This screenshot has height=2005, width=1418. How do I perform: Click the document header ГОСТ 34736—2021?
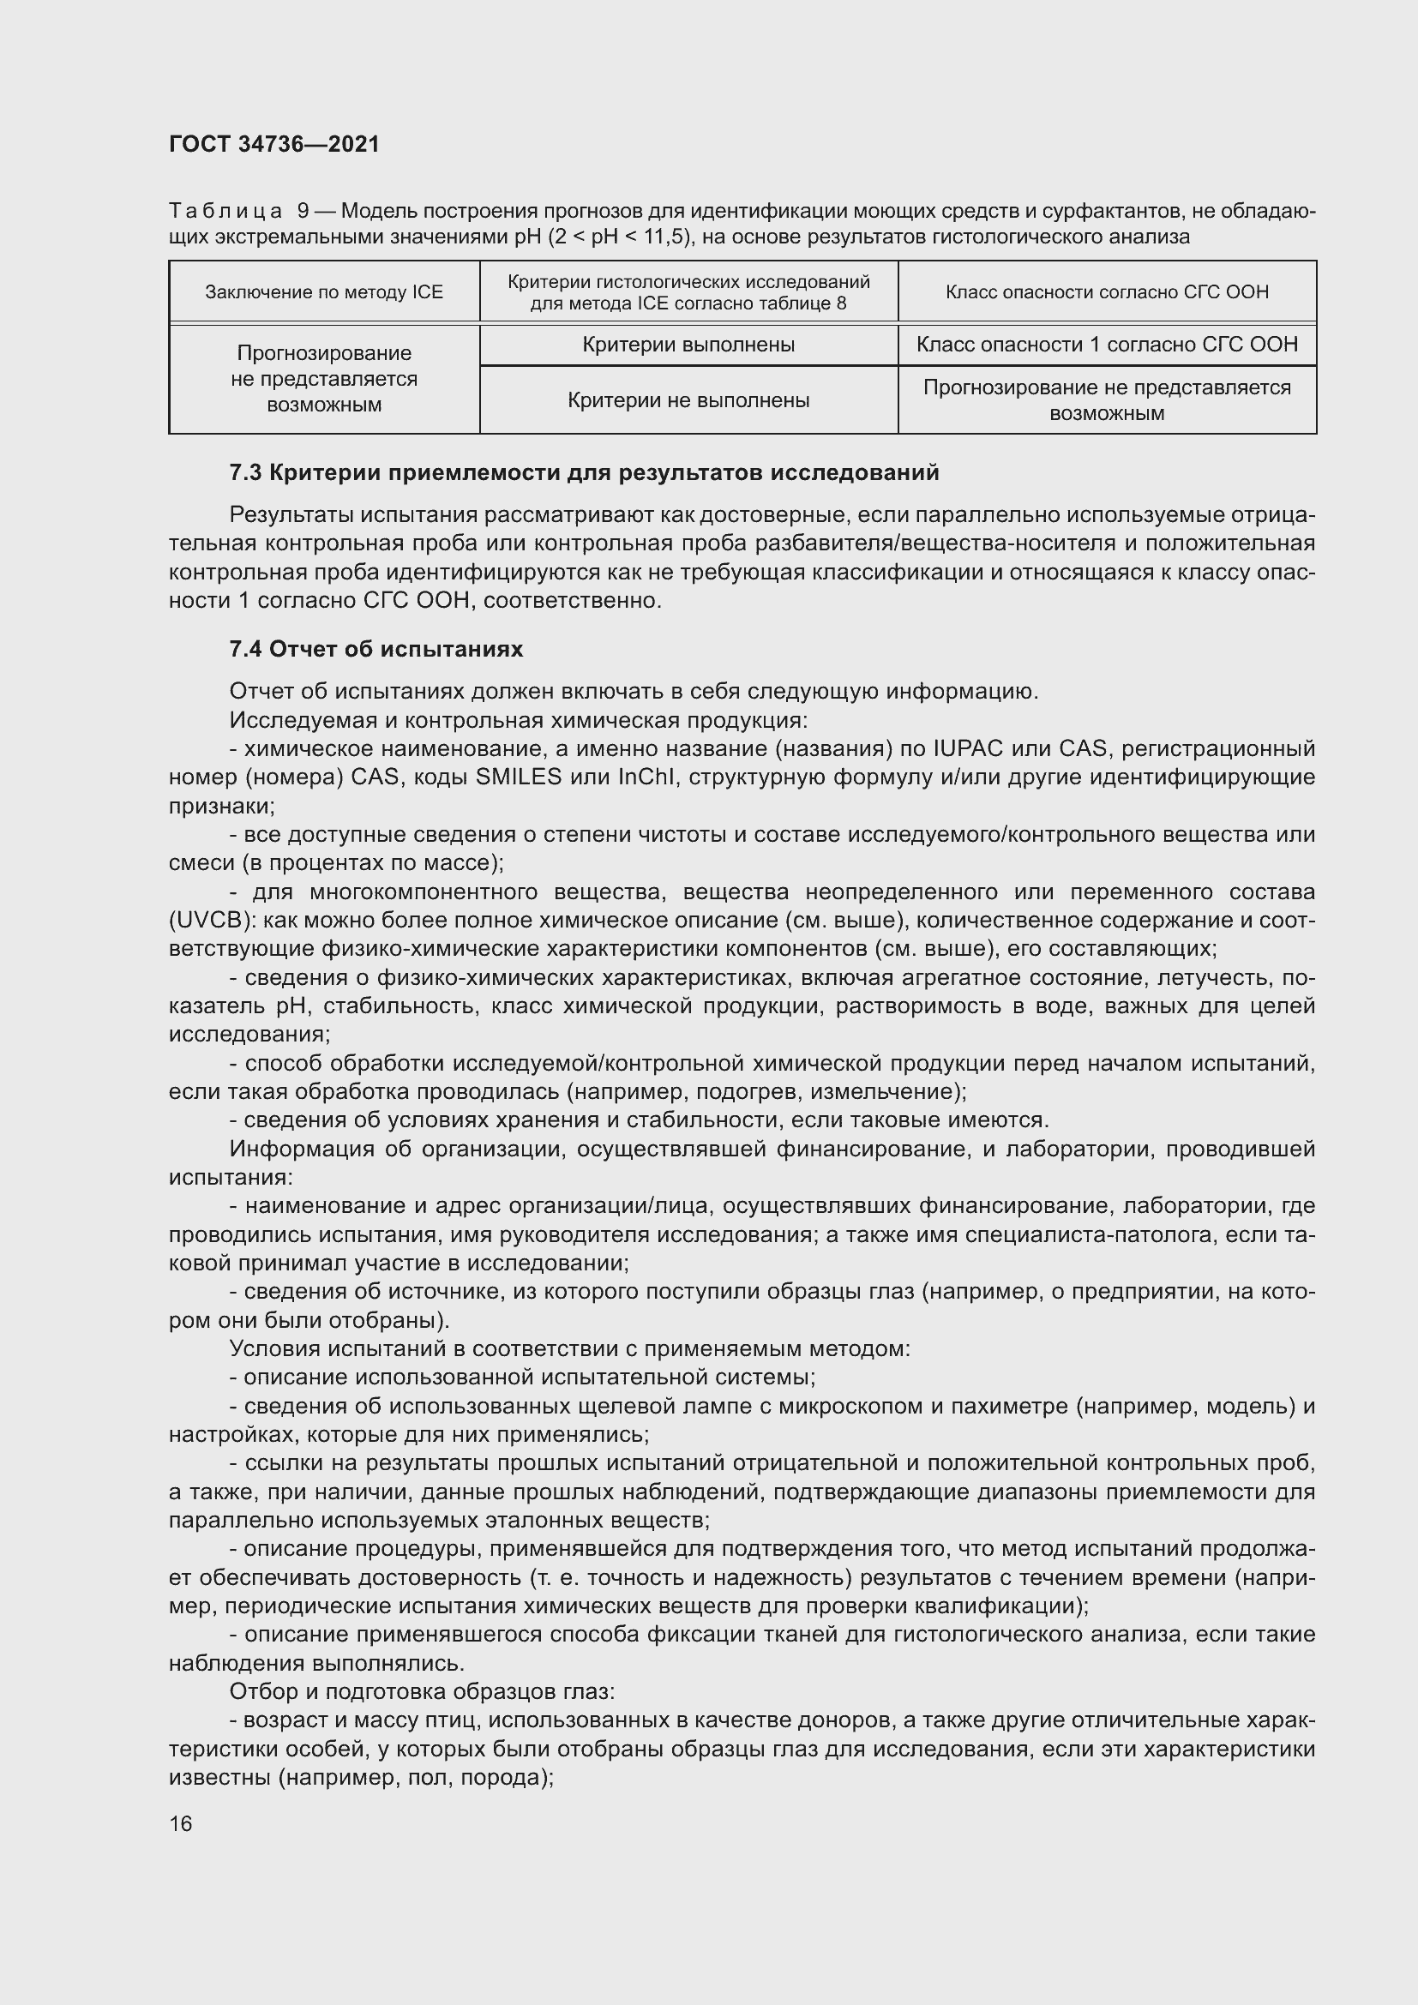(x=274, y=144)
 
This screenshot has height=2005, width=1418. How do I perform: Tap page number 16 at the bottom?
(x=181, y=1823)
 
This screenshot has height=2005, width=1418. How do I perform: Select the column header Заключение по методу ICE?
(x=324, y=291)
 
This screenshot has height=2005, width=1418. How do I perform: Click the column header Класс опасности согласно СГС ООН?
(x=1106, y=291)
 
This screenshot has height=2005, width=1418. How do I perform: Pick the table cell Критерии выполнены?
(x=688, y=345)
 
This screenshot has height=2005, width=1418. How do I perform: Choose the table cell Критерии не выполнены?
(x=688, y=401)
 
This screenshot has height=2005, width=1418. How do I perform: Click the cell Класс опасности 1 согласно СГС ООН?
(x=1106, y=345)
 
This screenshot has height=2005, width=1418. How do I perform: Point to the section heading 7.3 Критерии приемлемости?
(x=583, y=473)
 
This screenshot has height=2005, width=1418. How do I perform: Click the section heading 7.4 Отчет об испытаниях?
(x=376, y=649)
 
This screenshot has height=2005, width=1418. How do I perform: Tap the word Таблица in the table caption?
(x=225, y=212)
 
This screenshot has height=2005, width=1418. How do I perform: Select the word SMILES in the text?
(x=519, y=777)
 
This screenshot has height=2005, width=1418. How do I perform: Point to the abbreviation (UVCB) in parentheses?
(x=210, y=921)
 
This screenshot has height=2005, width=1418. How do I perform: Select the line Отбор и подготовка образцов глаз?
(x=422, y=1692)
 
